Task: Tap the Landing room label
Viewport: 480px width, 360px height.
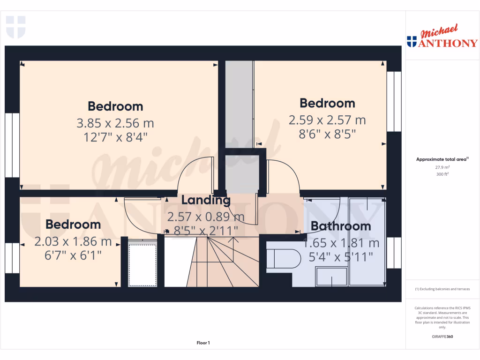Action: click(206, 201)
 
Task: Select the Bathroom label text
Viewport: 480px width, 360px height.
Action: click(341, 226)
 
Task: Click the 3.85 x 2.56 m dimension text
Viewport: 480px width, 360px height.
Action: click(115, 123)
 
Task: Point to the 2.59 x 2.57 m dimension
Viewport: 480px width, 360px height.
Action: click(327, 120)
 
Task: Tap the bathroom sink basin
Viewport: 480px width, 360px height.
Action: click(332, 276)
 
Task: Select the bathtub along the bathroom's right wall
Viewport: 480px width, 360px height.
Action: click(367, 241)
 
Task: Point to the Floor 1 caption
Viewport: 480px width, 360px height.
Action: click(203, 343)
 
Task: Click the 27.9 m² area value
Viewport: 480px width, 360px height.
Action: click(442, 167)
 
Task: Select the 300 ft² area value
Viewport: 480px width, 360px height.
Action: click(442, 174)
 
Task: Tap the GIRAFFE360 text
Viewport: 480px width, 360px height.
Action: click(442, 337)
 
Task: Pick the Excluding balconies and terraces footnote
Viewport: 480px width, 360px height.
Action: click(442, 289)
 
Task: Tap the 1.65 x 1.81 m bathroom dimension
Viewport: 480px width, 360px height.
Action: click(341, 243)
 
